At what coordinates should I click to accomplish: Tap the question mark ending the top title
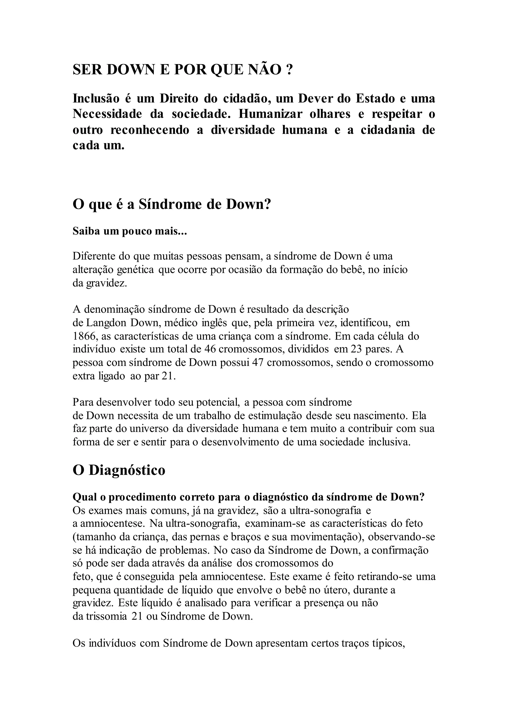click(x=289, y=70)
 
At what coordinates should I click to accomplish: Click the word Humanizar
click(x=270, y=114)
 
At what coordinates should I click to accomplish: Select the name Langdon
click(x=106, y=323)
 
